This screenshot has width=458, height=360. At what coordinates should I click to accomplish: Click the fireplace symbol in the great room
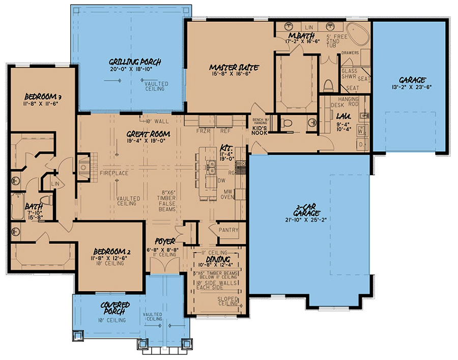tap(85, 167)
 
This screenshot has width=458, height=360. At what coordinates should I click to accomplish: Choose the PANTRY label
tap(228, 230)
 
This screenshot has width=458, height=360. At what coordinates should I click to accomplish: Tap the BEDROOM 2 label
tap(109, 252)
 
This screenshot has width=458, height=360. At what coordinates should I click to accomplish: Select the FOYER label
tap(166, 241)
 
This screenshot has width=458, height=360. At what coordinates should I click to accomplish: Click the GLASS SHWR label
tap(349, 75)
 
